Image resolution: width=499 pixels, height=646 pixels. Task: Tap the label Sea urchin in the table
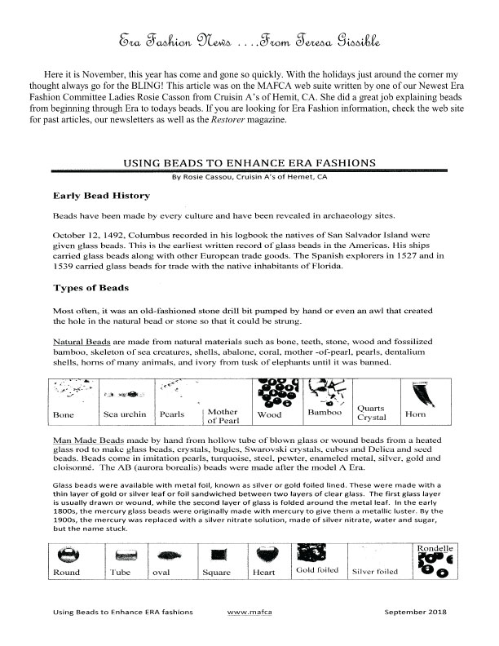point(123,414)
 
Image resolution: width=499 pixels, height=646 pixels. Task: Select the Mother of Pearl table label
point(222,417)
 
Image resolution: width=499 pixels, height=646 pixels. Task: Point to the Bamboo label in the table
point(323,414)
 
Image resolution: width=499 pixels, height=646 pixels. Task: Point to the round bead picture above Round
point(67,555)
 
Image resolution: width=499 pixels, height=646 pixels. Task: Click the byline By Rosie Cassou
point(249,176)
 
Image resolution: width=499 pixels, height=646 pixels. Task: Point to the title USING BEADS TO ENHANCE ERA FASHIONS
point(249,163)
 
